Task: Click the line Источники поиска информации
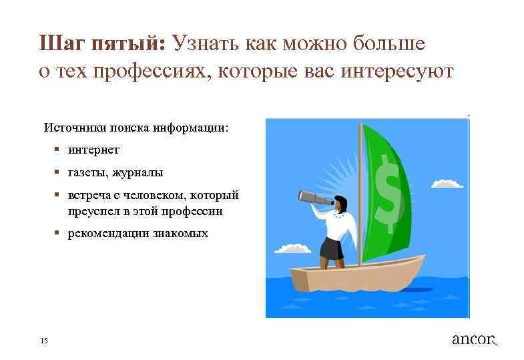pyautogui.click(x=136, y=127)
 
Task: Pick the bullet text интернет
pyautogui.click(x=93, y=150)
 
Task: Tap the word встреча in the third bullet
pyautogui.click(x=90, y=195)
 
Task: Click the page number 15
pyautogui.click(x=44, y=341)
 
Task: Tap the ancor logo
pyautogui.click(x=475, y=339)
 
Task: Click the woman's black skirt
pyautogui.click(x=331, y=248)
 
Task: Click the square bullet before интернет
pyautogui.click(x=59, y=150)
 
